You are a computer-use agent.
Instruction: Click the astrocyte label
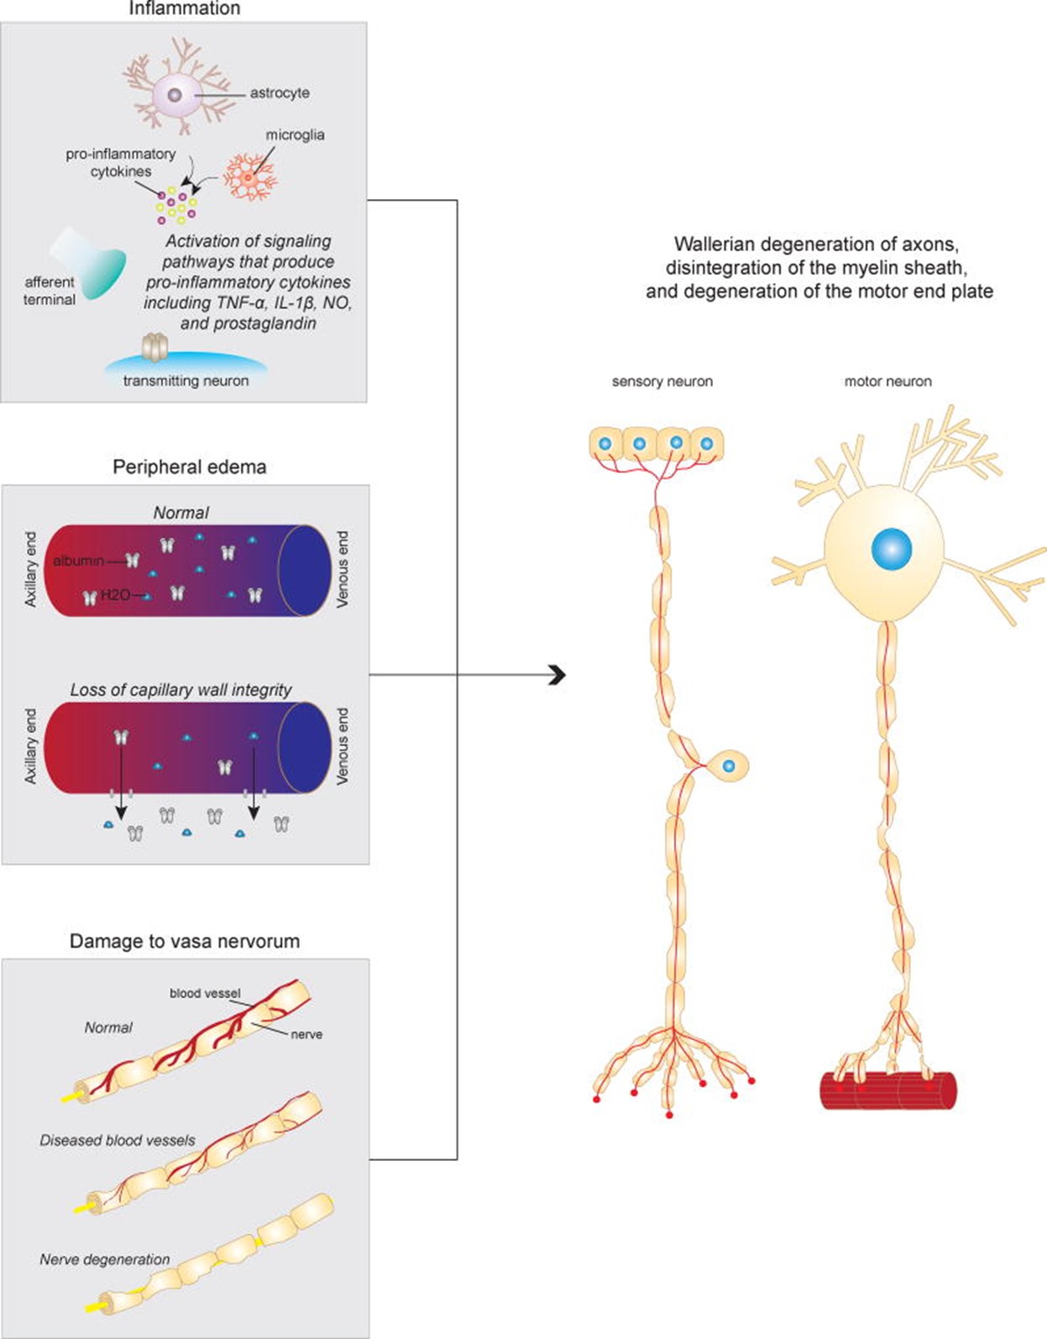coord(279,93)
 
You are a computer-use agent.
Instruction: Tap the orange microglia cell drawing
coord(249,177)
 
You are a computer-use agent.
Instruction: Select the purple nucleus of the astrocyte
coord(175,95)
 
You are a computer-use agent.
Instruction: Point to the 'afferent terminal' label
coord(50,291)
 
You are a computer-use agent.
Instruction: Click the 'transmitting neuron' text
coord(186,381)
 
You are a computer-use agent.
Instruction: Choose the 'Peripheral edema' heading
coord(189,467)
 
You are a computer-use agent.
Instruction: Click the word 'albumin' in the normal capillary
coord(78,560)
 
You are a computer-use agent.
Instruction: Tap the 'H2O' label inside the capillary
coord(116,595)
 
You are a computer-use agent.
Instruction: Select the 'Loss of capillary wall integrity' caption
coord(181,690)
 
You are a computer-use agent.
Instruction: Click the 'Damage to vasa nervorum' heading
coord(185,941)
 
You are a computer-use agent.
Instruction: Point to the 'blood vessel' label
coord(205,993)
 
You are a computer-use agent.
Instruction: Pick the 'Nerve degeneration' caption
coord(105,1259)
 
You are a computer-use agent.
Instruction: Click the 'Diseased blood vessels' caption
coord(118,1140)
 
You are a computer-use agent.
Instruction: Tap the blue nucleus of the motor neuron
coord(891,550)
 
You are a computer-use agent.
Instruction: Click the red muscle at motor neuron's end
coord(887,1090)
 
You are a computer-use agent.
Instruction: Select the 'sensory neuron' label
coord(662,381)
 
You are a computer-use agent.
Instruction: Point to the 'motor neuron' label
coord(887,381)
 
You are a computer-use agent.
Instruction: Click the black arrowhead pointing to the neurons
coord(557,675)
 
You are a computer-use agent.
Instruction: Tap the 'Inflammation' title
coord(184,9)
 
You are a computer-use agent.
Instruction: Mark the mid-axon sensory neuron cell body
coord(728,766)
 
